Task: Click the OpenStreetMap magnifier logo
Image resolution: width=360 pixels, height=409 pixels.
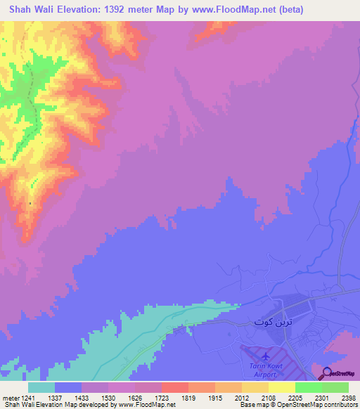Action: pos(328,372)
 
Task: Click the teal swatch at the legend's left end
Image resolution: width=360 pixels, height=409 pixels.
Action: pos(41,387)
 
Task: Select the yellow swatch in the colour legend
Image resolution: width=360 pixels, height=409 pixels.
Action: pos(282,387)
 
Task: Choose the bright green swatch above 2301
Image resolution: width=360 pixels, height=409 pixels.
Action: pos(309,387)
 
